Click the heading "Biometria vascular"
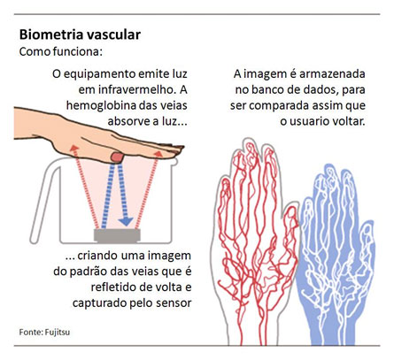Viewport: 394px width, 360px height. (80, 34)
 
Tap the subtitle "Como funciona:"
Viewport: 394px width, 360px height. (61, 51)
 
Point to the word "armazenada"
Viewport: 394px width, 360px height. (332, 73)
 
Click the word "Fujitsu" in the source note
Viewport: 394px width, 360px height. (58, 332)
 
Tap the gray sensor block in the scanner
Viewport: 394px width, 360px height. (117, 236)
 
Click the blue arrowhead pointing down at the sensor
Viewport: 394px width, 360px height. (127, 221)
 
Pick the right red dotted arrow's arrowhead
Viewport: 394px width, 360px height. (158, 154)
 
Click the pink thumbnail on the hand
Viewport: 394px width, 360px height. (117, 157)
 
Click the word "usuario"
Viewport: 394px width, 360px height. (309, 121)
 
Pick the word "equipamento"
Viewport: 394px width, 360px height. (99, 74)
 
